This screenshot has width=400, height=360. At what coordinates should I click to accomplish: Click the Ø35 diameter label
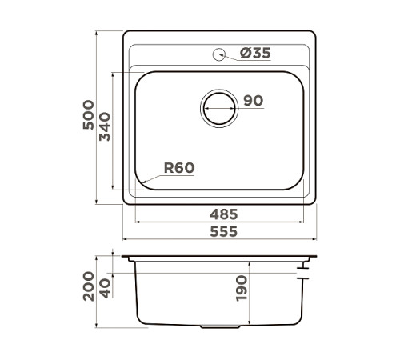[x=255, y=54]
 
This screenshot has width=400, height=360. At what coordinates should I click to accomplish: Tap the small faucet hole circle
[x=218, y=54]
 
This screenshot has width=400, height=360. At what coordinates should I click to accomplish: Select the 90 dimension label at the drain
[x=253, y=101]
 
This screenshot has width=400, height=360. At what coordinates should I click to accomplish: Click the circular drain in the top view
[x=218, y=106]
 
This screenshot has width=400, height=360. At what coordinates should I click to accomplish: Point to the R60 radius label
[x=178, y=168]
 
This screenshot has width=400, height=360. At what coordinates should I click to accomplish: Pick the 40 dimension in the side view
[x=105, y=286]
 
